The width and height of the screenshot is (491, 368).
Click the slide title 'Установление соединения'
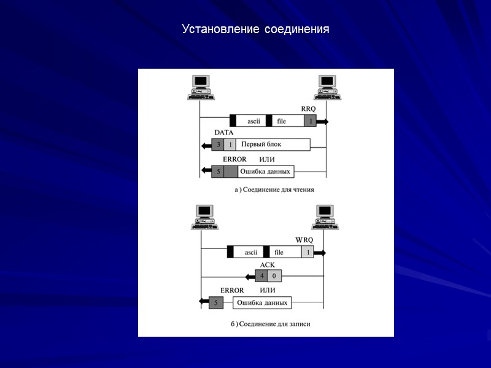255,29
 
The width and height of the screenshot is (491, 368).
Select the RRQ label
308,108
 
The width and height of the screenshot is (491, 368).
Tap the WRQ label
304,239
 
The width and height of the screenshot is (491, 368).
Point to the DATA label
223,132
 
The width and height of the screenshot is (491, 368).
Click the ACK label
267,264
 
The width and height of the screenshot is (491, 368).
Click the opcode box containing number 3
217,145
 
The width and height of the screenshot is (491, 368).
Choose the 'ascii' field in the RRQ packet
253,121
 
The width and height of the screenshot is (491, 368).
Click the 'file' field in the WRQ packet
279,252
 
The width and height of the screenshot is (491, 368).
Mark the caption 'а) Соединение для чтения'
274,190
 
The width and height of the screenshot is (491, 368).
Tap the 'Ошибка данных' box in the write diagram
261,302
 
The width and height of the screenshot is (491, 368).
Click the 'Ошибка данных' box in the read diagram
265,171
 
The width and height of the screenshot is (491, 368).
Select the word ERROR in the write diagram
232,290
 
